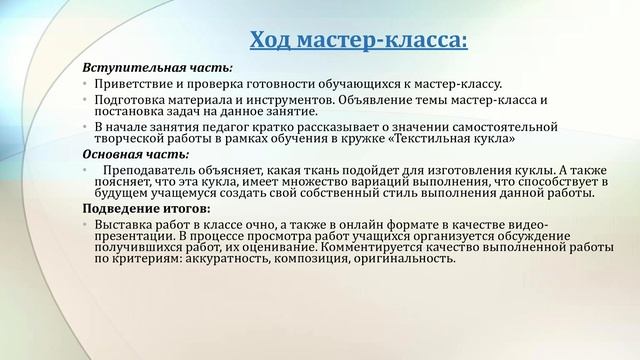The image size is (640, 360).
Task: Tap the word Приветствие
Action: tap(135, 84)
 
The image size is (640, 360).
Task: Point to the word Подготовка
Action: tap(132, 100)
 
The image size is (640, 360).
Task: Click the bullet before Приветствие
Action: tap(87, 85)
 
